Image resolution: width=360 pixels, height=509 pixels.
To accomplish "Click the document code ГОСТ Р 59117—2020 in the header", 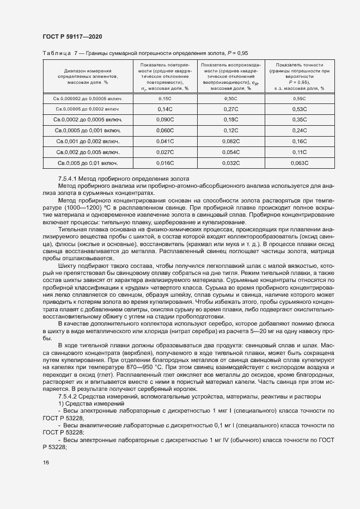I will tap(72, 36).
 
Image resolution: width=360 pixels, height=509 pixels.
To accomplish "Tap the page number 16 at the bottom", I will tap(46, 463).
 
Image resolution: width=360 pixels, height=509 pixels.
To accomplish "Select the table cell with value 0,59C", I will tap(299, 99).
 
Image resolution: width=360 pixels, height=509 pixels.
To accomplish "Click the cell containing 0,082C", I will tap(230, 142).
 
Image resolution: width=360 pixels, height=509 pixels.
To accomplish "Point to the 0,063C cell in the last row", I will tap(299, 163).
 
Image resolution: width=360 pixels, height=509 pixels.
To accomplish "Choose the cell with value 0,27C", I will tap(230, 109).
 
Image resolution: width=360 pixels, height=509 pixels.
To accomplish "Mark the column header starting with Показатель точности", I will tap(299, 76).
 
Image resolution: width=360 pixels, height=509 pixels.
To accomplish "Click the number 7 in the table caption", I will tap(76, 53).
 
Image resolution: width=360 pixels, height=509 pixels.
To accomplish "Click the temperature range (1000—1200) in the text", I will tap(80, 207).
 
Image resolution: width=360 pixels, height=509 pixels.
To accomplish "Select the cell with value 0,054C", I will tap(230, 152).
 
